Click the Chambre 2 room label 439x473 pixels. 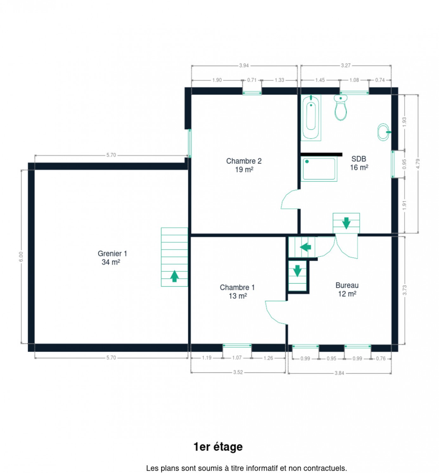(x=244, y=165)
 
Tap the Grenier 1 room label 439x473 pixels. (x=112, y=257)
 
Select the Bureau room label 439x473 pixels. (x=347, y=289)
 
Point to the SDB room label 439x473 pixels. (x=359, y=163)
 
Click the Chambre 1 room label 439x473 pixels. (x=237, y=292)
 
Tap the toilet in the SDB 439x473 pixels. (x=340, y=108)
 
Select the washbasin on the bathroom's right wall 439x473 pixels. (x=384, y=132)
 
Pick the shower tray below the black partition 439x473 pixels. (x=319, y=169)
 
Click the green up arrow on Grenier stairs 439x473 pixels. (x=174, y=276)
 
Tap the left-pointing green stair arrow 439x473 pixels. (x=305, y=247)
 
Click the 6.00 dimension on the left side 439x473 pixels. (x=21, y=256)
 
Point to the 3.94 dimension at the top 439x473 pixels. (x=244, y=66)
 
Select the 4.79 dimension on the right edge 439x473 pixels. (x=418, y=164)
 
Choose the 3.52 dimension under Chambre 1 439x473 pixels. (x=238, y=372)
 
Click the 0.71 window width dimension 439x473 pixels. (x=252, y=80)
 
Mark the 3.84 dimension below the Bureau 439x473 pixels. (x=339, y=373)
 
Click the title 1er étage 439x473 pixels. (x=218, y=447)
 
